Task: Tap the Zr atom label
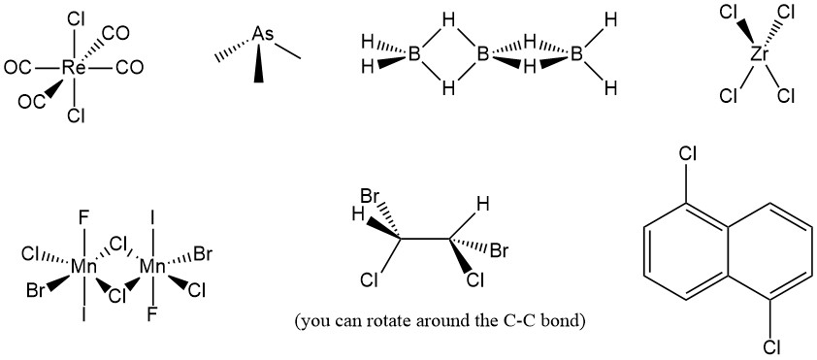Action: pos(760,54)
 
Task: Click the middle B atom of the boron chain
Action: pos(482,54)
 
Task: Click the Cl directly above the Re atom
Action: pos(76,18)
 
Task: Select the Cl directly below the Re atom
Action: pos(74,116)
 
